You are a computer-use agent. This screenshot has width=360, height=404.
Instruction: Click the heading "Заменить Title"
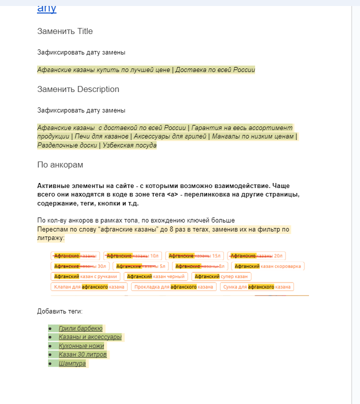(65, 31)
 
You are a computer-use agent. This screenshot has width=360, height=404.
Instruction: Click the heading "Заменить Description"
(78, 89)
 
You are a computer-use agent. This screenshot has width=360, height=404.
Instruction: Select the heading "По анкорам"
(60, 165)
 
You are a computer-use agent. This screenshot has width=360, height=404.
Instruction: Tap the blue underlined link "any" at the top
(46, 8)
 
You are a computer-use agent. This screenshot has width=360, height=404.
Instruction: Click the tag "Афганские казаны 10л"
(132, 256)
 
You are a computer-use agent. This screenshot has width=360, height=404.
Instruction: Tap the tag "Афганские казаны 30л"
(80, 266)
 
